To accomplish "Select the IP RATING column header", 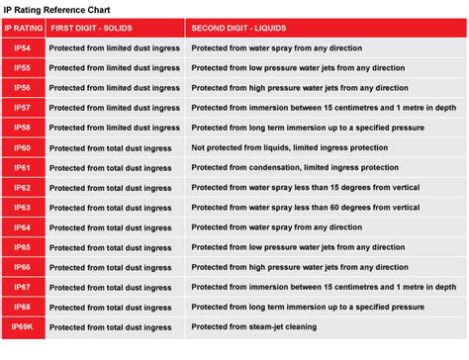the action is [23, 30].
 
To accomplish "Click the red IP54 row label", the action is [23, 47].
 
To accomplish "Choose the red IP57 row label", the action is [23, 107].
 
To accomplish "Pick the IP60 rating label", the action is [23, 147].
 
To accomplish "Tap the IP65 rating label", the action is [23, 247].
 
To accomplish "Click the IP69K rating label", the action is [23, 327].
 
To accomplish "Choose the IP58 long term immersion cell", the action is [297, 127].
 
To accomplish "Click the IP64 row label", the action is [23, 227].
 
